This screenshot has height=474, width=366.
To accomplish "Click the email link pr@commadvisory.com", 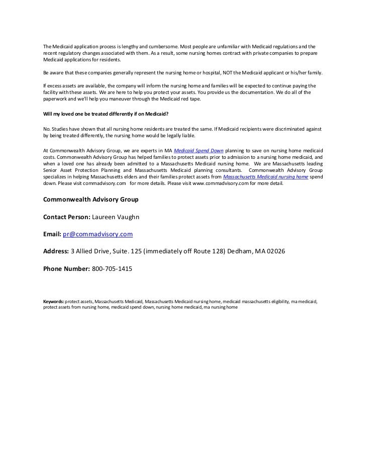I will coord(98,234).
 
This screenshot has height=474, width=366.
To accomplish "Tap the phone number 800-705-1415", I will coord(112,269).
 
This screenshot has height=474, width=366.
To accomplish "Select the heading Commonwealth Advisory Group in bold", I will coord(91,200).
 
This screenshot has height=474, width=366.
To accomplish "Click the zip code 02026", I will coord(275,251).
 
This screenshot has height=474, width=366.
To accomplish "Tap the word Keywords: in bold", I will coord(53,302).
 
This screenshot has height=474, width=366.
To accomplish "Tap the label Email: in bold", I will coord(52,234).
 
